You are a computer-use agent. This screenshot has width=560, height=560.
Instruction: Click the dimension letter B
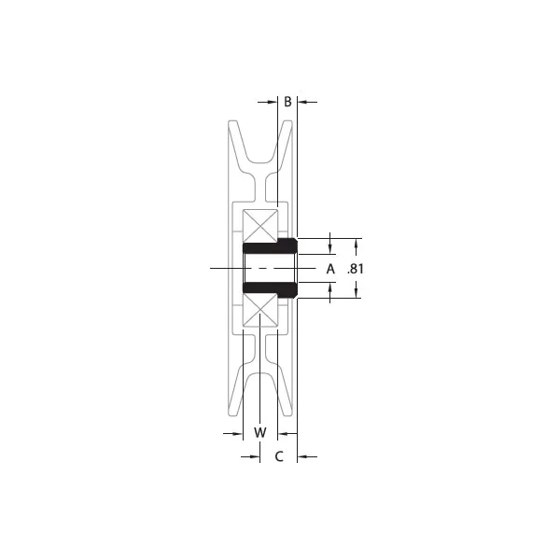point(288,101)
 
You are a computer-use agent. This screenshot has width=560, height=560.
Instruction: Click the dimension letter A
point(329,269)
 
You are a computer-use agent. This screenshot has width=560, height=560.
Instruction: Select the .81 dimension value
point(355,269)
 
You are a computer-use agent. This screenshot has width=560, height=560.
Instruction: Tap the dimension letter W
point(260,433)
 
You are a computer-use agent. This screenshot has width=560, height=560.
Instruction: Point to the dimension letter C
point(278,456)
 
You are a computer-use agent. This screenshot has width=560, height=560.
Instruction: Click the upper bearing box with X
point(260,225)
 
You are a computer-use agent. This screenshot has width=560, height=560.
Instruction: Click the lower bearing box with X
point(260,311)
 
